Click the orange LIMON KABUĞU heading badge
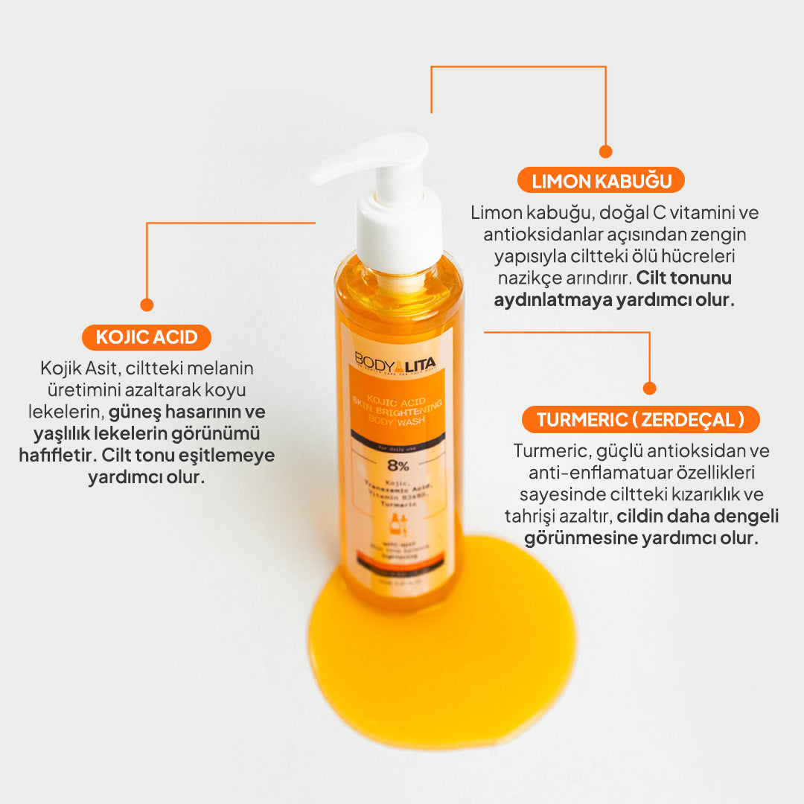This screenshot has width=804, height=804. click(601, 180)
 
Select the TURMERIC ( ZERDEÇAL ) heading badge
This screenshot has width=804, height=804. click(640, 419)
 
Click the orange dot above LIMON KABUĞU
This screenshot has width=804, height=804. click(605, 152)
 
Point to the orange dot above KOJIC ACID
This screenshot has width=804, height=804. click(147, 304)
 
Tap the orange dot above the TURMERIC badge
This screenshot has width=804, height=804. click(649, 388)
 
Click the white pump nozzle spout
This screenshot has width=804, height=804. click(350, 164)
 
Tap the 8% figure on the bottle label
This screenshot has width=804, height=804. click(395, 466)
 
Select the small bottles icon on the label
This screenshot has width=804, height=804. click(395, 524)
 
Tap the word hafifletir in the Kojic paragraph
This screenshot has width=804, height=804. click(57, 455)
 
